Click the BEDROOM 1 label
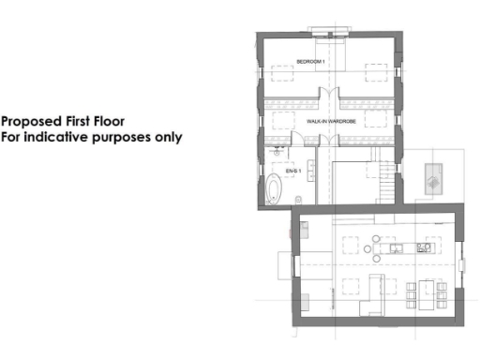310,61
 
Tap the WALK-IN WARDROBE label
328,123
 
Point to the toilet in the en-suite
297,197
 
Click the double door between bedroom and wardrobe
325,95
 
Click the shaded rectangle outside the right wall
434,178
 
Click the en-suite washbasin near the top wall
277,148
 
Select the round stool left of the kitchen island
368,247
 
